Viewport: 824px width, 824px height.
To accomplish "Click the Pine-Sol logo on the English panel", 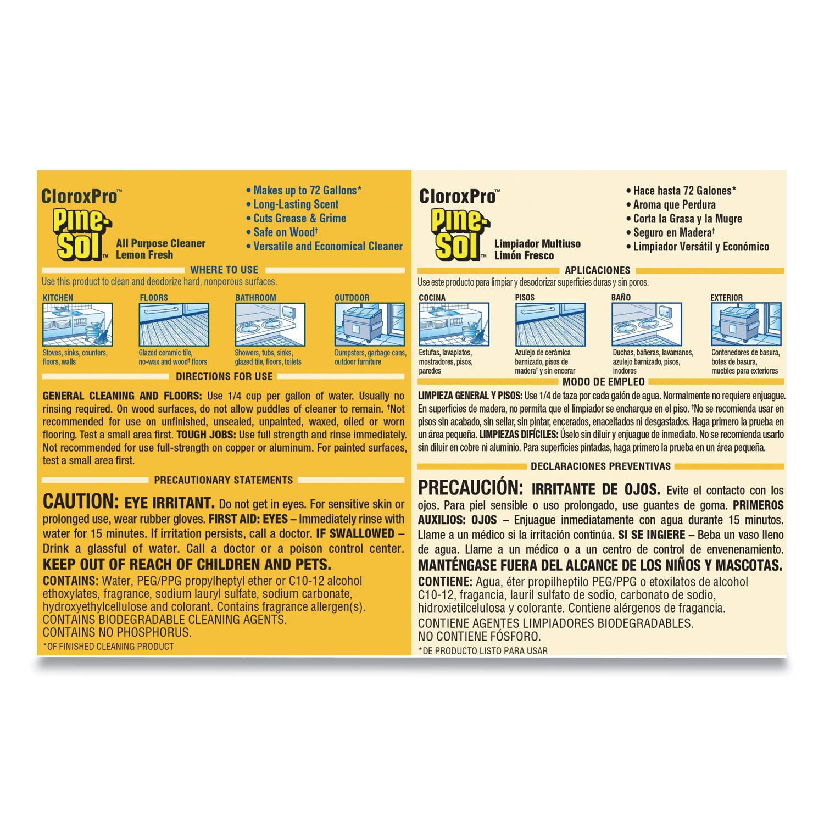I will point(81,235).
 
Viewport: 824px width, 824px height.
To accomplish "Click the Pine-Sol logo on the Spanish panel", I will point(459,235).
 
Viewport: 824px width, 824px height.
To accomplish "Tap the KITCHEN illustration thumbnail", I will point(77,325).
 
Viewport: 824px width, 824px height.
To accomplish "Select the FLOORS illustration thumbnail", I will point(174,325).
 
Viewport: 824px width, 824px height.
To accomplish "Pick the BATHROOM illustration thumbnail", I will point(270,325).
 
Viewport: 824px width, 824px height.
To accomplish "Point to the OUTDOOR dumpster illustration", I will point(369,325).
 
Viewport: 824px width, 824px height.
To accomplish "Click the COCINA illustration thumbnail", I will point(454,325).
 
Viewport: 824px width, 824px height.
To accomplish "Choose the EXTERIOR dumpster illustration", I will point(745,325).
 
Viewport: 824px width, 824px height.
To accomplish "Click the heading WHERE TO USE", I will point(224,270).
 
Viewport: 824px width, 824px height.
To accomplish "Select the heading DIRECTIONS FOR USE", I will point(224,376).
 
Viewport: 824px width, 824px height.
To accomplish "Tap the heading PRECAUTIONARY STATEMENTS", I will point(223,480).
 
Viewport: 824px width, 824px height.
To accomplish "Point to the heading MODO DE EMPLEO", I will point(603,382).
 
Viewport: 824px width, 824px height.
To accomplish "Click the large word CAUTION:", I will point(80,502).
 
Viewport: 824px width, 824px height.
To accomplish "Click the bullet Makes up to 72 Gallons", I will point(307,191).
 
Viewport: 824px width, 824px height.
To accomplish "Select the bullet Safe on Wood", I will point(285,232).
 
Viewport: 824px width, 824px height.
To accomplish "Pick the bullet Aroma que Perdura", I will point(674,205).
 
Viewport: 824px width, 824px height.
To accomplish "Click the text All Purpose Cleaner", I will point(160,243).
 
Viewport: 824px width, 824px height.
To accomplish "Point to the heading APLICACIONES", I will point(597,270).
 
